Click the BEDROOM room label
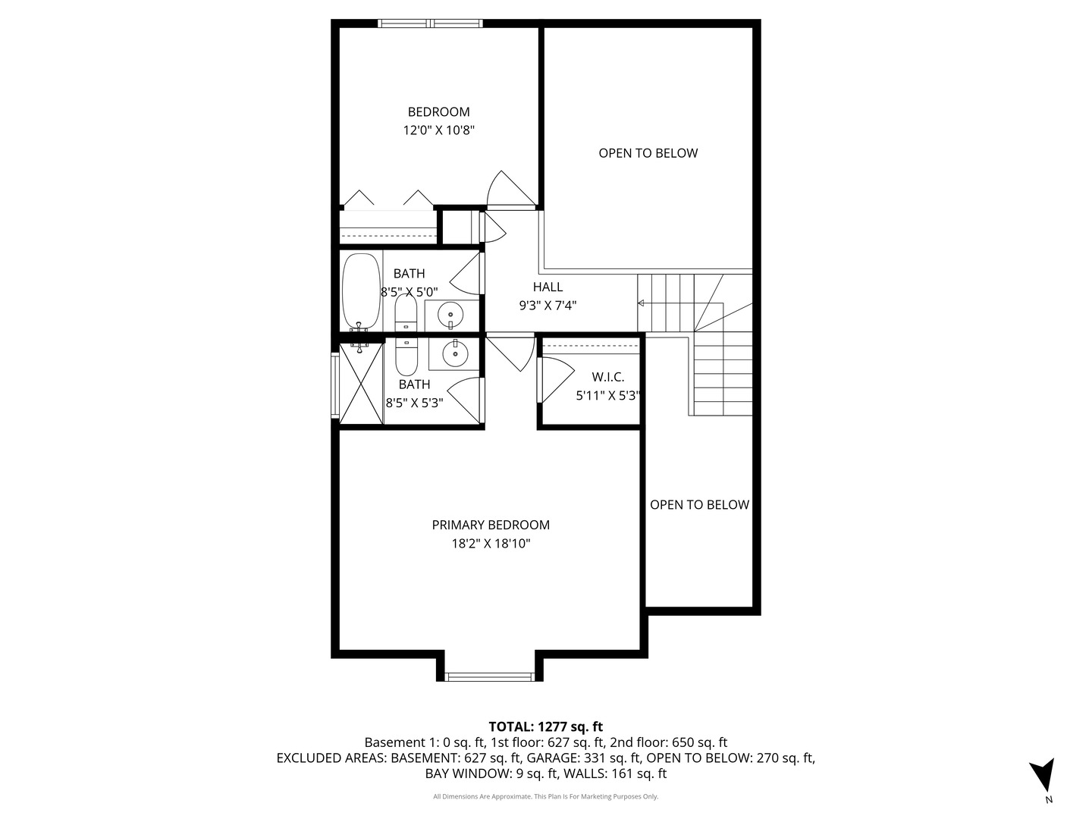pyautogui.click(x=438, y=112)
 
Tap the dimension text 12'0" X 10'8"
pyautogui.click(x=438, y=130)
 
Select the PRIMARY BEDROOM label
pyautogui.click(x=491, y=525)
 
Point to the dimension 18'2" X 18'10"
pyautogui.click(x=491, y=544)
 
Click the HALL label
pyautogui.click(x=548, y=287)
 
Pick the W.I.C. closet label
pyautogui.click(x=607, y=377)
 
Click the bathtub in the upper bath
pyautogui.click(x=362, y=291)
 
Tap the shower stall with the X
pyautogui.click(x=361, y=384)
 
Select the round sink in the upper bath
pyautogui.click(x=450, y=315)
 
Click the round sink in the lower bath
pyautogui.click(x=455, y=353)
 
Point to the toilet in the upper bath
pyautogui.click(x=406, y=313)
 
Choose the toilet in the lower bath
pyautogui.click(x=406, y=357)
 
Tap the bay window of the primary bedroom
pyautogui.click(x=490, y=676)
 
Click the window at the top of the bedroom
pyautogui.click(x=430, y=23)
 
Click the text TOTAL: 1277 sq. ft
pyautogui.click(x=546, y=727)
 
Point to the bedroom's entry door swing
pyautogui.click(x=510, y=189)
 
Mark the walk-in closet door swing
pyautogui.click(x=556, y=379)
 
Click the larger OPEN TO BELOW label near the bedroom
pyautogui.click(x=648, y=153)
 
